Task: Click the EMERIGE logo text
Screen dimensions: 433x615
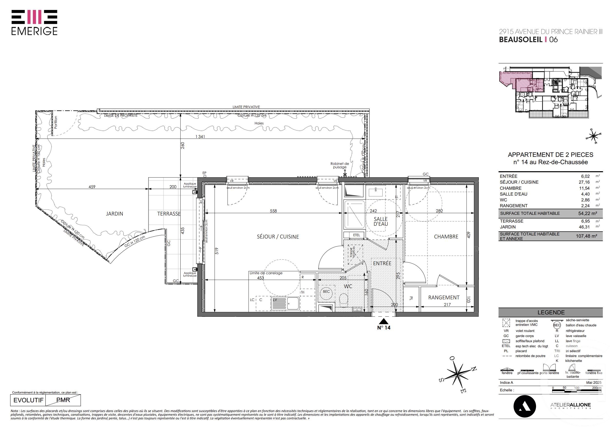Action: coord(34,31)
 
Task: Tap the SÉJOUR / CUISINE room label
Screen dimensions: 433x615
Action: coord(278,237)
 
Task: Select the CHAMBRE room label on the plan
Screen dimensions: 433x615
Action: coord(446,237)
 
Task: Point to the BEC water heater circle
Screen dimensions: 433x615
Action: coord(326,292)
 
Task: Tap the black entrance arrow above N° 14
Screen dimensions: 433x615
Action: coord(384,321)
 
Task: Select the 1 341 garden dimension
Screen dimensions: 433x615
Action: coord(200,137)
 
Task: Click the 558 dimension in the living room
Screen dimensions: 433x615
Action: coord(273,211)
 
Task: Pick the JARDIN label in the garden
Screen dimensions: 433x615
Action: coord(114,214)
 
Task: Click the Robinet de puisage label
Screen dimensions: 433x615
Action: coord(340,165)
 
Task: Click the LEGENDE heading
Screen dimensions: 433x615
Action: coord(551,312)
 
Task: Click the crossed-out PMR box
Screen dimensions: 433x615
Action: coord(63,400)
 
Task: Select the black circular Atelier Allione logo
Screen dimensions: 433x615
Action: coord(524,406)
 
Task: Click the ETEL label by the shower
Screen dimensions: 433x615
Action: coord(356,235)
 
